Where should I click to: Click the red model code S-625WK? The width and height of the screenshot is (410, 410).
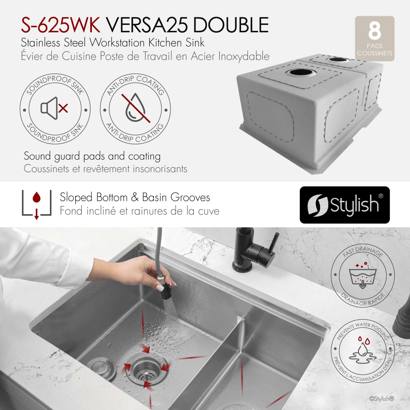pos(61,25)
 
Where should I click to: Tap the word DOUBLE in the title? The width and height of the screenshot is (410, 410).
pos(231,25)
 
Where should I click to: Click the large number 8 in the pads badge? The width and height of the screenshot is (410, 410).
pos(374,31)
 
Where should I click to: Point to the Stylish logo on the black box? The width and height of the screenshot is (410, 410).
pos(345,205)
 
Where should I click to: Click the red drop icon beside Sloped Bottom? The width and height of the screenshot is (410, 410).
pos(37,198)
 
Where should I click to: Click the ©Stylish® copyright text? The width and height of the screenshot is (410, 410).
pos(382,399)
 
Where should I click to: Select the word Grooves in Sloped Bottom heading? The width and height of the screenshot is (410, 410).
pos(190,197)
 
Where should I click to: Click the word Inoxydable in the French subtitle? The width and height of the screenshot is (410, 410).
pos(244,56)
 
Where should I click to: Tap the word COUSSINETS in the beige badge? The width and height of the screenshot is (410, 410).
pos(374,53)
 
